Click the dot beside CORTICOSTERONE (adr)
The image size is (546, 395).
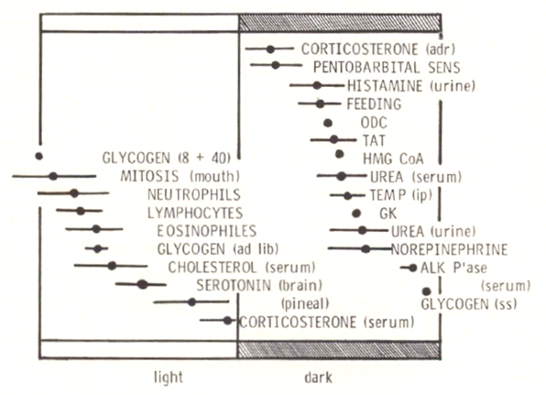[270, 49]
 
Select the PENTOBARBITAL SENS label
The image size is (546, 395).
[387, 67]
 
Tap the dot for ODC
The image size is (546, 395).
[328, 123]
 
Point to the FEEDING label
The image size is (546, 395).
[374, 104]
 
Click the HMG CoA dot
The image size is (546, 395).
[340, 154]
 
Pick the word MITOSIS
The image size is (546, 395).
[149, 176]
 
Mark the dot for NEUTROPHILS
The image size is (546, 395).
[74, 193]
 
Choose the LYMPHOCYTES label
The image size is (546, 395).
[195, 213]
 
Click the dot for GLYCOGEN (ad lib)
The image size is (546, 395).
[98, 248]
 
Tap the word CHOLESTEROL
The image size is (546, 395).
[213, 268]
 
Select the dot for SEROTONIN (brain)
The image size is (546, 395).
[142, 285]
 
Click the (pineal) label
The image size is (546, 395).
[305, 303]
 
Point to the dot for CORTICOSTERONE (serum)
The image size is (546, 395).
[227, 321]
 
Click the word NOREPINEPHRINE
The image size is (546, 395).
[449, 249]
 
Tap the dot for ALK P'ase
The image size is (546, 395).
[413, 268]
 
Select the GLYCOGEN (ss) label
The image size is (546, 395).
[469, 304]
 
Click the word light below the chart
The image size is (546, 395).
[169, 378]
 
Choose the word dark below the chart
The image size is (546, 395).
[318, 378]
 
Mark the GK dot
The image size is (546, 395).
[355, 214]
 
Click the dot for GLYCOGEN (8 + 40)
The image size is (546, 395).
[39, 156]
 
